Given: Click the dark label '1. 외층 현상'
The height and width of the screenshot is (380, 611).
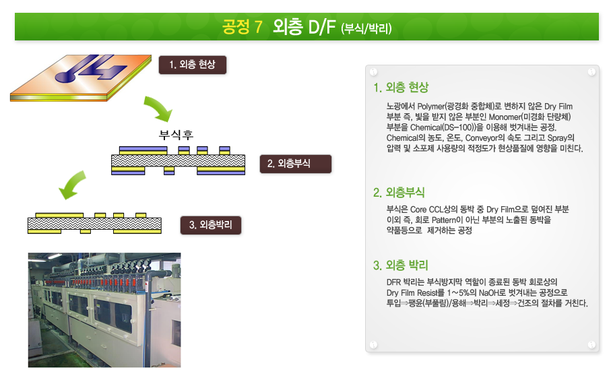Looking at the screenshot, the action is pyautogui.click(x=193, y=65).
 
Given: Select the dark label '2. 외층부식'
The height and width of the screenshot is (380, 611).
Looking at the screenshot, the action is pyautogui.click(x=295, y=164).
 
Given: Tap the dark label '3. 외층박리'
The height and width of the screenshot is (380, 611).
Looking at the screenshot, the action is pyautogui.click(x=210, y=225).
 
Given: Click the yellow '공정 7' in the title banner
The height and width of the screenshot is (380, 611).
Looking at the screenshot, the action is pyautogui.click(x=242, y=27).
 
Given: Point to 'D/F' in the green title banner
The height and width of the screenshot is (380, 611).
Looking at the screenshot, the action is pyautogui.click(x=321, y=27).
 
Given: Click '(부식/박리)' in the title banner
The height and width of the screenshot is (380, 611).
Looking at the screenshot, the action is pyautogui.click(x=366, y=28).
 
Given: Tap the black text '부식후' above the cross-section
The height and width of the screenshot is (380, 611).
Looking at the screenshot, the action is pyautogui.click(x=176, y=135).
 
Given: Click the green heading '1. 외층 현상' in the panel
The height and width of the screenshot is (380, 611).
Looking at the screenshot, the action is pyautogui.click(x=401, y=88).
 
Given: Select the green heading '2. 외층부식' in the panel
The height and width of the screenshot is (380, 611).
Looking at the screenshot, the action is pyautogui.click(x=399, y=192).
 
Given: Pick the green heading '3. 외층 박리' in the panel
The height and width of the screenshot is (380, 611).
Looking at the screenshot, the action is pyautogui.click(x=401, y=265).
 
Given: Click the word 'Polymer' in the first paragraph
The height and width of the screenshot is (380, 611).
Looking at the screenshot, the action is pyautogui.click(x=431, y=106).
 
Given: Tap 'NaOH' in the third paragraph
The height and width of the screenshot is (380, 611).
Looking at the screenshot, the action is pyautogui.click(x=490, y=292).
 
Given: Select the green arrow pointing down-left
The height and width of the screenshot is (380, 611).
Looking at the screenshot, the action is pyautogui.click(x=73, y=185).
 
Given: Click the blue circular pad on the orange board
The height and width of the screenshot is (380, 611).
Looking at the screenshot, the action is pyautogui.click(x=65, y=76).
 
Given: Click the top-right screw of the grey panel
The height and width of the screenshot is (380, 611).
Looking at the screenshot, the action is pyautogui.click(x=591, y=71).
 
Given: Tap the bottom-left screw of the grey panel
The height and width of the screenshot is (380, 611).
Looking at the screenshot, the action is pyautogui.click(x=373, y=344).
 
